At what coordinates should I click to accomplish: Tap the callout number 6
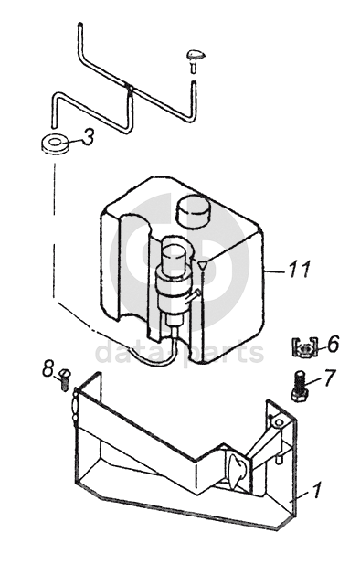coord(333,345)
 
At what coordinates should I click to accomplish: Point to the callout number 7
coord(330,378)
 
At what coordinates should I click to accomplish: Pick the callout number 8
coord(48,368)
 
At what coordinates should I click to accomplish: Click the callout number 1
coord(316,490)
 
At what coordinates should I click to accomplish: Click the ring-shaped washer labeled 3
coord(54,144)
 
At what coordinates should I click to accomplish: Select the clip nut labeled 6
coord(304,346)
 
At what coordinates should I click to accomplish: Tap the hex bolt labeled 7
coord(299,387)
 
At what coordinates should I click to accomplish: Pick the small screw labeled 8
coord(65,379)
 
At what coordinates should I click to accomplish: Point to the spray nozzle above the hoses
coord(196,59)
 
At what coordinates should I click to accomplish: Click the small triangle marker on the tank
coord(203,265)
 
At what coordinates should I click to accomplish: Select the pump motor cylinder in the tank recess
coord(175,258)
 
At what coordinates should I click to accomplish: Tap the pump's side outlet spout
coord(193,296)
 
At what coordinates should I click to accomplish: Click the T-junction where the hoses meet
coord(130,88)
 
